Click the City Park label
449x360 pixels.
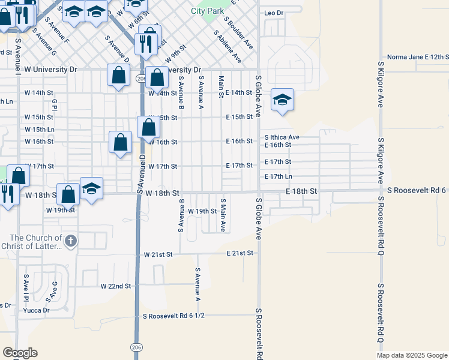207,11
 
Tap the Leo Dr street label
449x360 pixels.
273,13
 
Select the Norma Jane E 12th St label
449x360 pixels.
418,56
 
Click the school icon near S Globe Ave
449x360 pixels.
282,100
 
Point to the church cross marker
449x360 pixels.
70,241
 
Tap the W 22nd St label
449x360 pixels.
115,286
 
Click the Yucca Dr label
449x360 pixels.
36,310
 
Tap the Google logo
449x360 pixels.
20,353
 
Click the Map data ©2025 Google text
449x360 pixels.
411,355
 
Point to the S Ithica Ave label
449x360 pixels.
282,137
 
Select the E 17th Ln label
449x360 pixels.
278,176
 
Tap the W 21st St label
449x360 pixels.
158,254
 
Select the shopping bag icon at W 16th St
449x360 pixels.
121,142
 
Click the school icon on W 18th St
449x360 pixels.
91,188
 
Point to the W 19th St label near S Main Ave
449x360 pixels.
202,211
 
